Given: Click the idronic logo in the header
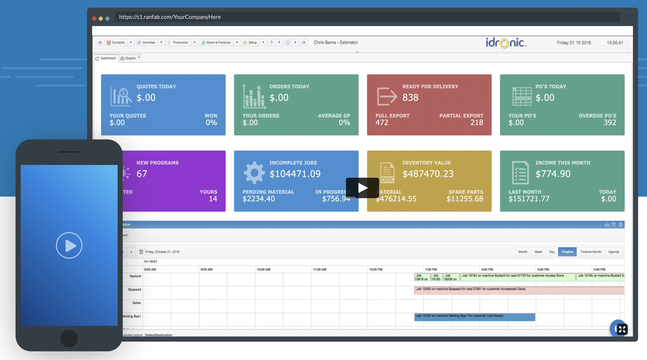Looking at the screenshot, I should tap(506, 43).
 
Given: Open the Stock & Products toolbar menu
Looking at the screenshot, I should tap(218, 43).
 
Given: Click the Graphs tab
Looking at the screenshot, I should tap(130, 58).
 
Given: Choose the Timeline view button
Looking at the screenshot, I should tap(567, 251).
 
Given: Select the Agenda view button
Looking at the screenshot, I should tap(613, 251).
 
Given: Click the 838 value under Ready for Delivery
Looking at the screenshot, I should tap(410, 98).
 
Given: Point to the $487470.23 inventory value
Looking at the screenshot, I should tap(428, 174).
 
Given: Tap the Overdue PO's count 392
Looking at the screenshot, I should tap(609, 122).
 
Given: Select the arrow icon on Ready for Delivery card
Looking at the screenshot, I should tap(387, 96).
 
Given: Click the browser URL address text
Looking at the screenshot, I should tap(170, 17).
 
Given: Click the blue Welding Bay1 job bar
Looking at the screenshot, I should tap(474, 317).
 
